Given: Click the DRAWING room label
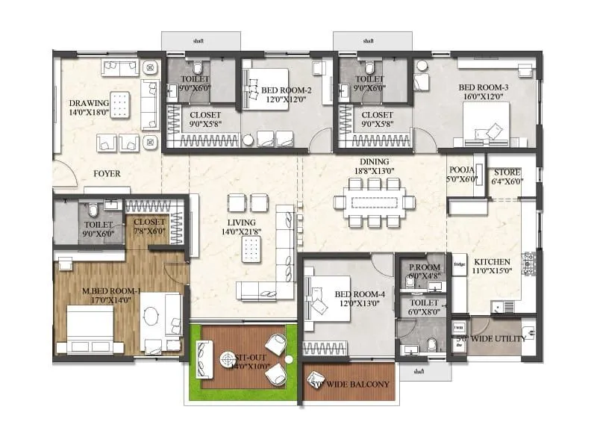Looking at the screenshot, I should [x=89, y=103].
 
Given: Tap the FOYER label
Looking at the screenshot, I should [x=107, y=174].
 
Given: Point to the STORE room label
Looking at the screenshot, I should [x=507, y=172].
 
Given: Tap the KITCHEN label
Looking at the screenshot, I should [x=492, y=261].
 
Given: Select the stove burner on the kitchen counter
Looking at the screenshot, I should [x=531, y=261].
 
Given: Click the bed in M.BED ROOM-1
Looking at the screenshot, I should [x=90, y=329].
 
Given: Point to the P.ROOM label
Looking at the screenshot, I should [x=424, y=267].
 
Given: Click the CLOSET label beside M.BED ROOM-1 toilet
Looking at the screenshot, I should [x=149, y=222].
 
